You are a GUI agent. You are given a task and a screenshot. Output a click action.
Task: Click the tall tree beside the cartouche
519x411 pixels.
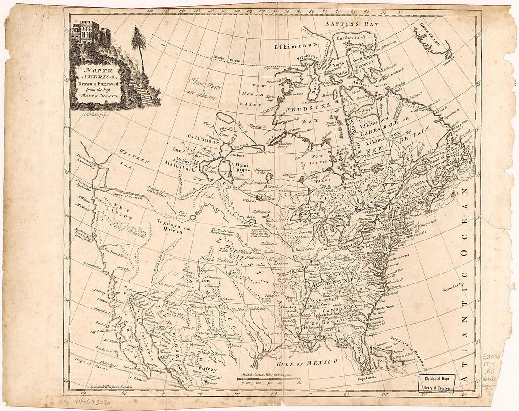138,45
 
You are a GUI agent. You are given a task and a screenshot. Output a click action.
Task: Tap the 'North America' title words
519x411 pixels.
98,74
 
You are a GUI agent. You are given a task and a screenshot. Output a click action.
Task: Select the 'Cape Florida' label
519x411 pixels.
368,378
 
